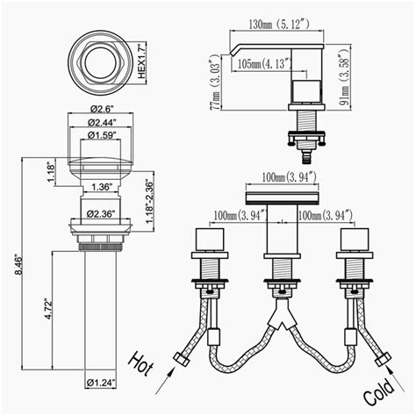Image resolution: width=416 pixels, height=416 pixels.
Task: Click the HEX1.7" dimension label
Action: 141,61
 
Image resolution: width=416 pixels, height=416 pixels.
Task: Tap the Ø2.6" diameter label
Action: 102,109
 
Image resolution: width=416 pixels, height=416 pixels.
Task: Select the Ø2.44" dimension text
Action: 102,122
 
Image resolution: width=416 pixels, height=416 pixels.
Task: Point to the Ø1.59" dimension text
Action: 102,135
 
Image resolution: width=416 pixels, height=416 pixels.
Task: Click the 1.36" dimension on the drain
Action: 102,187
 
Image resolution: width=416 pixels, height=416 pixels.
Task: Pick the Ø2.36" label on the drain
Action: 100,214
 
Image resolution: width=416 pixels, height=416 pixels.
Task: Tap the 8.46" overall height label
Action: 19,266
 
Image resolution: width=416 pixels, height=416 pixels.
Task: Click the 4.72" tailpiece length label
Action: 48,309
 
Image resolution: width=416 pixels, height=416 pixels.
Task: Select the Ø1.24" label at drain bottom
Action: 101,383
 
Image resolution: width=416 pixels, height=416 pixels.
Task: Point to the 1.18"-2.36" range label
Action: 150,202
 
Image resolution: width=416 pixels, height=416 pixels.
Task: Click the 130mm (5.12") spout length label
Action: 279,25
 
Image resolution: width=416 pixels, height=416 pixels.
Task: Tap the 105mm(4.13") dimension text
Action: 264,63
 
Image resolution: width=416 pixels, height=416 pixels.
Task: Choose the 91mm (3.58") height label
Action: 345,79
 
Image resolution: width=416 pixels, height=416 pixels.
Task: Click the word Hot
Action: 140,363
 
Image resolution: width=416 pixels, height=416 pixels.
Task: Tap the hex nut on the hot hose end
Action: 182,359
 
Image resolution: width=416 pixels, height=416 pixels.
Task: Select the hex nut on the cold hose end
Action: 383,359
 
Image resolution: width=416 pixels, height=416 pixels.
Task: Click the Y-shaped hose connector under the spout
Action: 282,313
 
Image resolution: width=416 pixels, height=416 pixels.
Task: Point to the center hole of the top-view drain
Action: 101,63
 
